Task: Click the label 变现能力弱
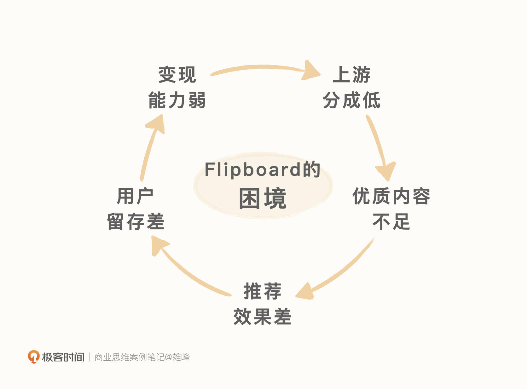point(177,88)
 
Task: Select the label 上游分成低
point(352,88)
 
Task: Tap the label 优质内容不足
point(391,209)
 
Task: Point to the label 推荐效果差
point(262,304)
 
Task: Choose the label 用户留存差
point(136,209)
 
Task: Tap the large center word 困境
point(263,198)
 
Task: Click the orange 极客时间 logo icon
point(33,357)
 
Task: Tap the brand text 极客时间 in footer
point(63,357)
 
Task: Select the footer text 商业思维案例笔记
point(129,357)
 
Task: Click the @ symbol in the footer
point(168,357)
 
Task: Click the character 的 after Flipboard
point(311,170)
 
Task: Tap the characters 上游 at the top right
point(352,75)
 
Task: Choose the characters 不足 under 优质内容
point(391,222)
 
